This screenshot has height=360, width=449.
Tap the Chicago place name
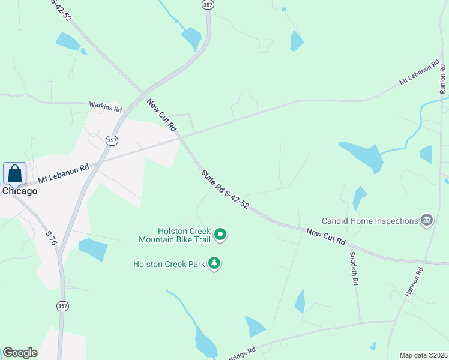click(19, 191)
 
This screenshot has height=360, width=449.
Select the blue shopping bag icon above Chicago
click(14, 174)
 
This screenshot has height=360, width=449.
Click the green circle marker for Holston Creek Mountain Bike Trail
click(220, 235)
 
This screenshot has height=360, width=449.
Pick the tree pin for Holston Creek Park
click(214, 263)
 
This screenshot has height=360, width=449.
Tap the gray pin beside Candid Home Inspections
click(427, 221)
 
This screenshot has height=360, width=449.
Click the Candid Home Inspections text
click(370, 221)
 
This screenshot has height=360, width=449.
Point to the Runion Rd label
click(443, 77)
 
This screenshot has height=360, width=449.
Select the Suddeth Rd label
click(355, 268)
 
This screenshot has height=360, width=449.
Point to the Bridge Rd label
click(243, 352)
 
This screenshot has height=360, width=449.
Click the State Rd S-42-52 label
click(225, 189)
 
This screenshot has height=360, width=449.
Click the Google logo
click(20, 353)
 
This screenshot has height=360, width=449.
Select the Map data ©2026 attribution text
click(423, 355)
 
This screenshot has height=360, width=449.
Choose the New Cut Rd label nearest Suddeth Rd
click(326, 236)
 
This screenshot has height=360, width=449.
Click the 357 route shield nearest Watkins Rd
click(112, 140)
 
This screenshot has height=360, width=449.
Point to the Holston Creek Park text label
click(169, 263)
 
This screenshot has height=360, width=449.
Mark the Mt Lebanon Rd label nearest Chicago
click(63, 174)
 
